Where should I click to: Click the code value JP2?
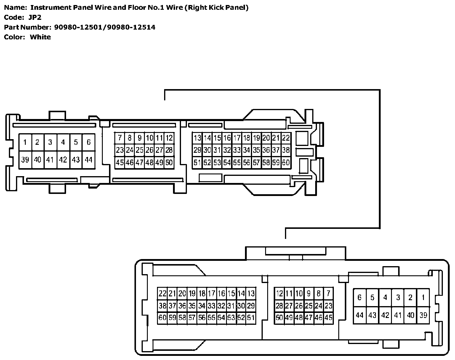coord(35,17)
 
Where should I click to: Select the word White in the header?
coord(40,37)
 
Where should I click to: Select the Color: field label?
coord(14,37)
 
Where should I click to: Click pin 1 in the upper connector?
coord(25,142)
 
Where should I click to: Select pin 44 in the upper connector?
coord(89,160)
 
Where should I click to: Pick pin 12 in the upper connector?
coord(169,138)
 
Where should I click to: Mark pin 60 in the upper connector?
coord(286,163)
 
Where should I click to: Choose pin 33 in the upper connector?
coord(237,150)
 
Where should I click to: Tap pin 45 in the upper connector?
coord(120,163)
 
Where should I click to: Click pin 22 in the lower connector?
coord(162,294)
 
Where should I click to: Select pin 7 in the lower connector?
coord(329,294)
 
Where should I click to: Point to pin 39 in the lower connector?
coord(423,315)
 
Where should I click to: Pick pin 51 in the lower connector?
coord(251,318)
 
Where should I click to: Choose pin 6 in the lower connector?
coord(360,298)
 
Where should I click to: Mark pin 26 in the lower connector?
coord(299,306)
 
